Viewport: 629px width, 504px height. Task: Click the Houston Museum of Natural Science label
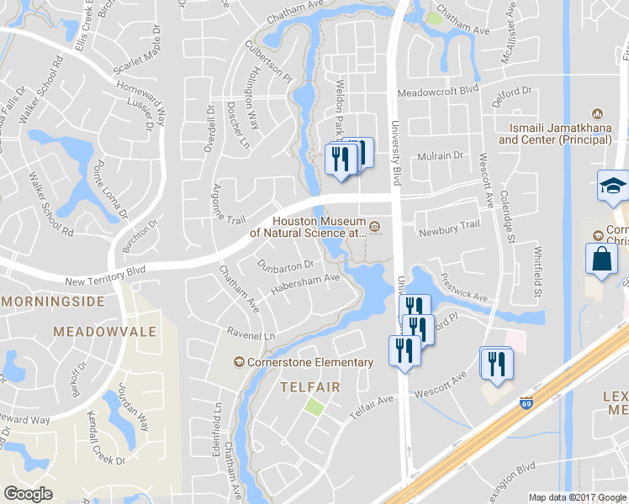318,227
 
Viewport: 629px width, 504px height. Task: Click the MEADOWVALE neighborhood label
104,332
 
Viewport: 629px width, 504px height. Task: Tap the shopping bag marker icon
603,257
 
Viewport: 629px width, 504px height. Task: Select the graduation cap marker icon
614,186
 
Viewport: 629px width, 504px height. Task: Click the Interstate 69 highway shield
526,403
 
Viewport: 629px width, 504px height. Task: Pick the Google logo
28,494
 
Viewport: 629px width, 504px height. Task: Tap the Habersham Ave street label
304,285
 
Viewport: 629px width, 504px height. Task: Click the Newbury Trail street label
449,225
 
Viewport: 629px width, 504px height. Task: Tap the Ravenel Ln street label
251,334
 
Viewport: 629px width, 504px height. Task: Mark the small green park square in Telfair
314,407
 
